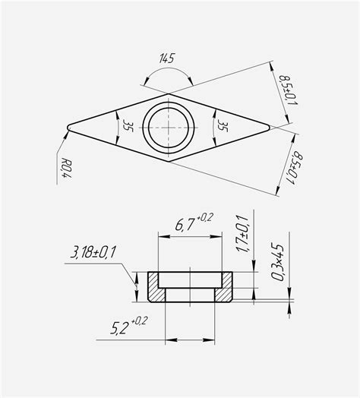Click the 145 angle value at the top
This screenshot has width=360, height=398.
coord(166,58)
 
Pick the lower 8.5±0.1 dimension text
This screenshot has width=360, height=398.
coord(289,169)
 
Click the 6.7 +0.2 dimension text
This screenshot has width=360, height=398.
coord(191,223)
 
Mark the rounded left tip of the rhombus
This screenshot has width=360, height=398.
coord(70,126)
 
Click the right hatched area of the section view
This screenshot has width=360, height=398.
coord(225,287)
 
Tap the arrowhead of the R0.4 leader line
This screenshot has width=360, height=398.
coord(68,131)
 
